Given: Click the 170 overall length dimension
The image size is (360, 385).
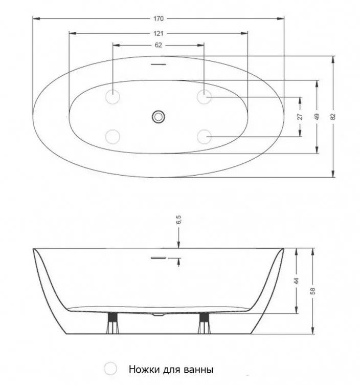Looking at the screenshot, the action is pos(159,18).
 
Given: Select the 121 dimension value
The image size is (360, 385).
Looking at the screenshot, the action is pos(159,33).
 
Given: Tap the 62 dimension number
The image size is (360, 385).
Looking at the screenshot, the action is pos(159,45).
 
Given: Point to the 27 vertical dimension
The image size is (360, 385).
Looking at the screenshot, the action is pos(300,116).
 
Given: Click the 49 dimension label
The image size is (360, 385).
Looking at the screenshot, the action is pos(317,116).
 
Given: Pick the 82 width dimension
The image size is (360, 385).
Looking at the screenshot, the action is pos(333,116).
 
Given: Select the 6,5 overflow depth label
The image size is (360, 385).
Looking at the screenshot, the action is pos(178,220).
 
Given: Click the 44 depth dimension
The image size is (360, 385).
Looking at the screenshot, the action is pos(297,281).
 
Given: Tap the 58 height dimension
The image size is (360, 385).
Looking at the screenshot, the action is pos(312,291).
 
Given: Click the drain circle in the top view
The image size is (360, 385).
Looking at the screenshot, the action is pos(158,116).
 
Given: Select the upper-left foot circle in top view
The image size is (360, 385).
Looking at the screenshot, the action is pos(112,96).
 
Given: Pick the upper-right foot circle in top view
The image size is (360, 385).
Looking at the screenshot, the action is pos(204,96).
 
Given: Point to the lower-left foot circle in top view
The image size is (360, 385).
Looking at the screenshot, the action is pos(112,137).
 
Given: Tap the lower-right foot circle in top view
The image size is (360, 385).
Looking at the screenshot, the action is pos(204,137).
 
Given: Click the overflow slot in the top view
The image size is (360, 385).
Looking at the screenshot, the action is pos(159,65).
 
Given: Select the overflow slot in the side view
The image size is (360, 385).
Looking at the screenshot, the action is pos(159,258).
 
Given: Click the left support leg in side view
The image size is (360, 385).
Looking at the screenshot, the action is pos(113,323).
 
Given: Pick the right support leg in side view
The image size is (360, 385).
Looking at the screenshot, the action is pos(204,323).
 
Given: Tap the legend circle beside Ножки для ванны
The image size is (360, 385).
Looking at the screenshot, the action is pos(110,368).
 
